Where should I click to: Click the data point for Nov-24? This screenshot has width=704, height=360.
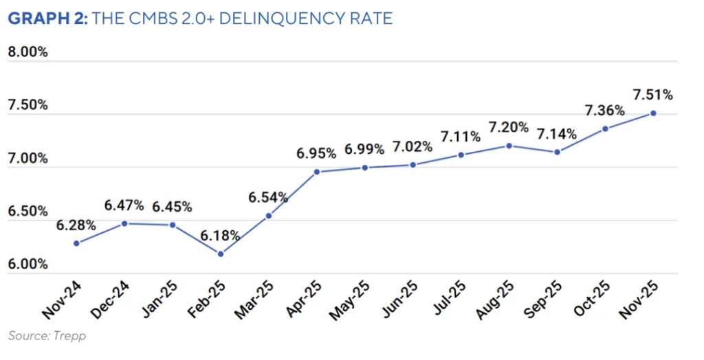[x=76, y=243]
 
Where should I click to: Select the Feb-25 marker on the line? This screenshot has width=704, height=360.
[x=221, y=254]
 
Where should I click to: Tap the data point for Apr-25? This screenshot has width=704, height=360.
[x=316, y=172]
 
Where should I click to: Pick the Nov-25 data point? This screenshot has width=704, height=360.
[x=653, y=113]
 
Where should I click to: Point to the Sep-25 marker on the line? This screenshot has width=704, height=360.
[x=557, y=152]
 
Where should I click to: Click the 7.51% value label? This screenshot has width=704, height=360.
[x=653, y=95]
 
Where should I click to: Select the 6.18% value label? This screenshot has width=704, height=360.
[x=221, y=236]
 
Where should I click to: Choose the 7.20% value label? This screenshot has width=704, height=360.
[x=509, y=127]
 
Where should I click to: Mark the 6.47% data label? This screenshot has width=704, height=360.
[x=124, y=205]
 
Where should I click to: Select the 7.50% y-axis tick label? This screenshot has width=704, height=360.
[x=27, y=105]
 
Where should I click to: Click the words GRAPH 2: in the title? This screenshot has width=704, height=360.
[x=47, y=19]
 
